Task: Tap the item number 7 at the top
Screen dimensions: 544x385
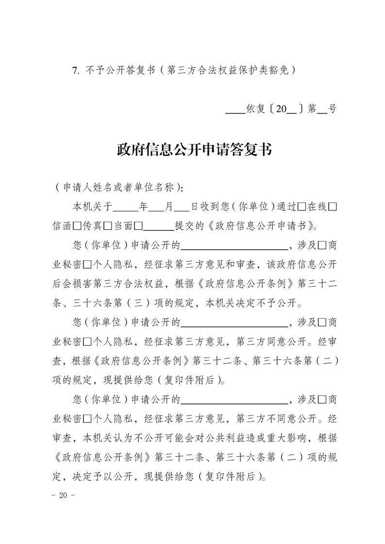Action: (x=75, y=70)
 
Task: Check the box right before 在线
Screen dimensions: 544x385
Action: (x=301, y=207)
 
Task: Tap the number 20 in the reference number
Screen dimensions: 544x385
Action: (x=281, y=109)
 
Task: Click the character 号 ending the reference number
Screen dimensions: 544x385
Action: (x=332, y=109)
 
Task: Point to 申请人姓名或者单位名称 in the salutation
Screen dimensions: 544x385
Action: (x=118, y=187)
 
